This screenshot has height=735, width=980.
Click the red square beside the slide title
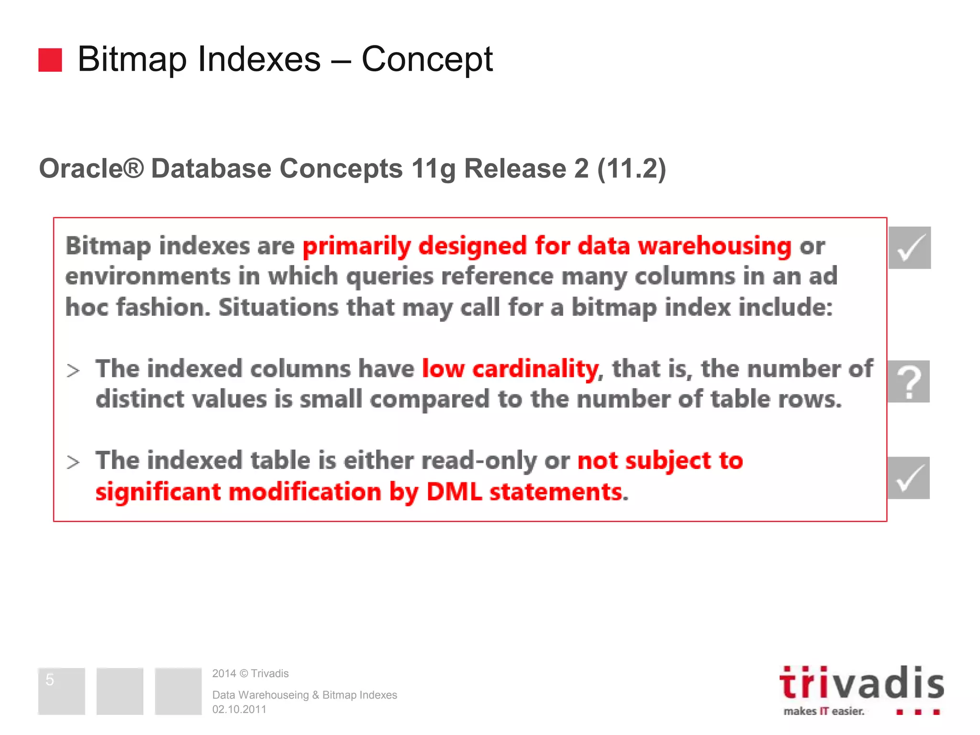tap(50, 60)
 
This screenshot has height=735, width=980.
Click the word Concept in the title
tap(427, 60)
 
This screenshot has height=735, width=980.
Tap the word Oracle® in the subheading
tap(91, 168)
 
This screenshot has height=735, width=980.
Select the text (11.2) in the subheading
tap(631, 168)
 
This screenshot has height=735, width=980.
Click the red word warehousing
tap(715, 246)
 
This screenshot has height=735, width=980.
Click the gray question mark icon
tap(909, 381)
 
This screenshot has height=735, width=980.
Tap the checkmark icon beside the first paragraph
tap(910, 247)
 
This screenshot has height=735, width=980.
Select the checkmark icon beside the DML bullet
tap(909, 478)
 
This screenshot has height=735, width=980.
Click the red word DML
tap(454, 491)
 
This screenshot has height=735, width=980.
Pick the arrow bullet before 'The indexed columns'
tap(73, 370)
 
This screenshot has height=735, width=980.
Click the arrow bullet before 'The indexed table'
tap(73, 462)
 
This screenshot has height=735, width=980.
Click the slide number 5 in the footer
tap(50, 679)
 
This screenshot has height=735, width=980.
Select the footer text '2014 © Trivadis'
tap(250, 674)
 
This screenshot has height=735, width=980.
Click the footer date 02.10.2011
tap(239, 709)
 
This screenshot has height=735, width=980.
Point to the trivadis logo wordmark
tap(861, 684)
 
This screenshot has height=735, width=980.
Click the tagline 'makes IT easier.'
tap(824, 711)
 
